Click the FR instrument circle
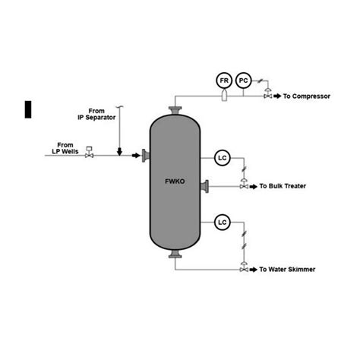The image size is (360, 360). pos(224,80)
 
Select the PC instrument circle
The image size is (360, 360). pos(243,80)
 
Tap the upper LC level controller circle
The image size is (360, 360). pos(223,158)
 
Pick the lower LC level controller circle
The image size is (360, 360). pos(223,223)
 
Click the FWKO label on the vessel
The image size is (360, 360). pos(174,181)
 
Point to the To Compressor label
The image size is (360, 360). pos(307,96)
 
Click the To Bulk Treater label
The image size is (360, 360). pos(284,186)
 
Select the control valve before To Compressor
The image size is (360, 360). pos(267,96)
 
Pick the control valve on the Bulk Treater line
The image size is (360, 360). pos(243,185)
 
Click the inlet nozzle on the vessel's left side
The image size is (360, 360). pos(144,156)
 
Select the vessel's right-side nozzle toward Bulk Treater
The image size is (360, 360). pos(207,186)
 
